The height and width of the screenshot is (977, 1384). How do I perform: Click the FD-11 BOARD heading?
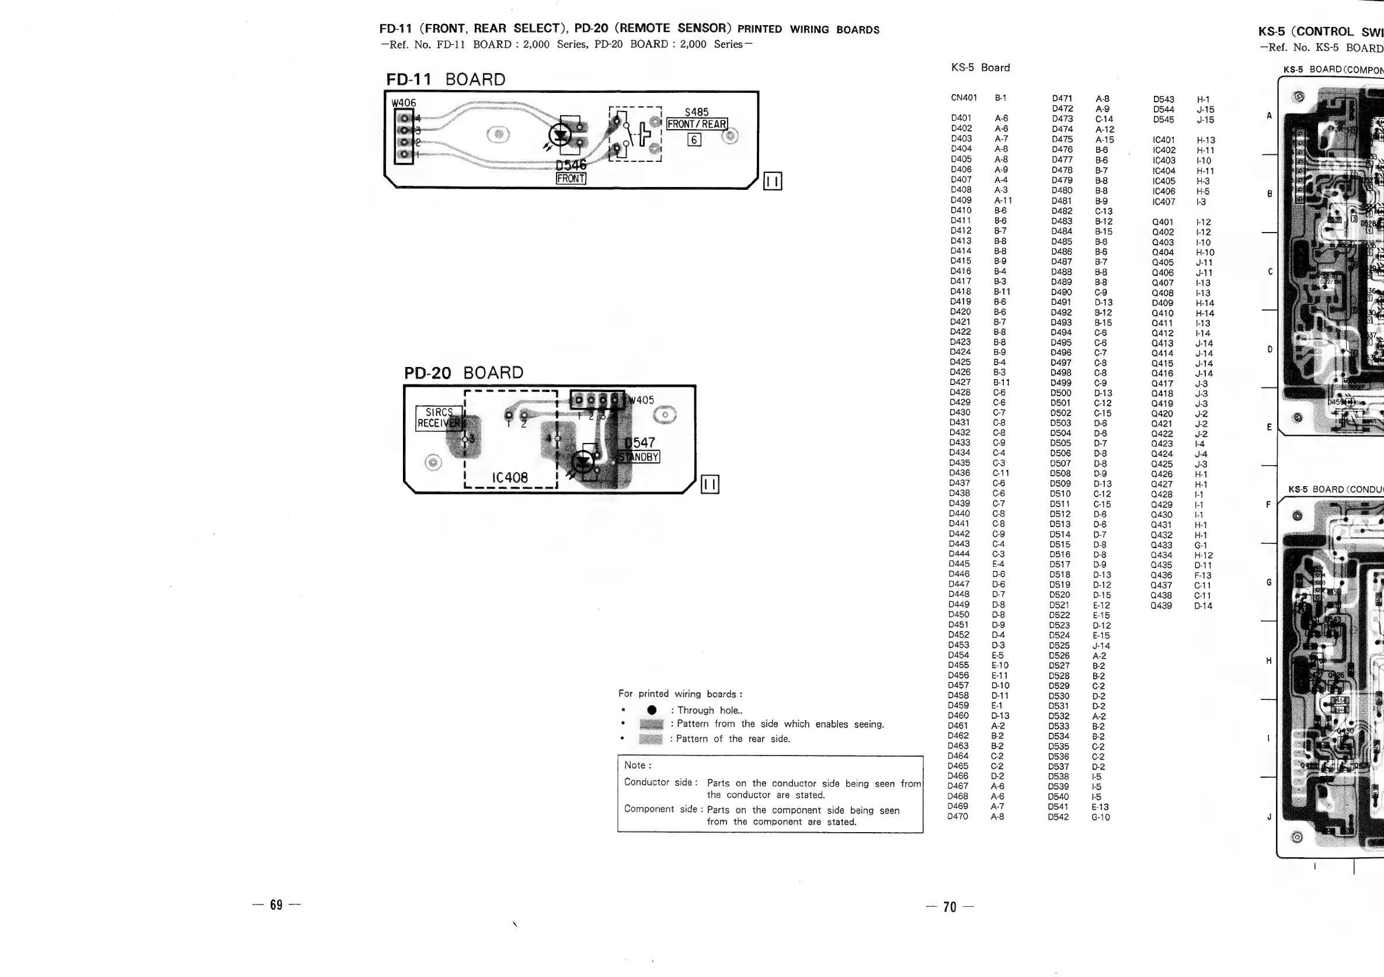point(446,79)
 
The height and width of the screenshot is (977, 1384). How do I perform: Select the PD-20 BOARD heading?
point(464,373)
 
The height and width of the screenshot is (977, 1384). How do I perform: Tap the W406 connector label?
point(404,103)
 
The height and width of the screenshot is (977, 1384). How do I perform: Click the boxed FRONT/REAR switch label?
point(697,124)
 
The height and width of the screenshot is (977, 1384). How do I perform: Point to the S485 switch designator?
point(696,112)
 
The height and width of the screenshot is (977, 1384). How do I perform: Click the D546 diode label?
point(570,165)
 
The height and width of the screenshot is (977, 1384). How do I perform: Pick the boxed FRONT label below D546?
point(570,179)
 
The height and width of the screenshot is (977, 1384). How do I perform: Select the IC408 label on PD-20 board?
point(510,477)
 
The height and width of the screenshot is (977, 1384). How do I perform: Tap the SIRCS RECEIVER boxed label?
point(439,417)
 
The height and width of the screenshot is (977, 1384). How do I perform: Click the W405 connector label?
point(641,400)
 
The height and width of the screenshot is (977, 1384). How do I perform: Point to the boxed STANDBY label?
point(639,457)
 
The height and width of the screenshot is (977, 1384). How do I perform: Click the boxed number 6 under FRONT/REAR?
point(694,140)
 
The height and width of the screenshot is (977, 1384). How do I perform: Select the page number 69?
point(276,905)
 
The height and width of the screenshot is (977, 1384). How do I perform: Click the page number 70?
point(950,907)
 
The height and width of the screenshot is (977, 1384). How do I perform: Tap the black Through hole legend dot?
point(651,711)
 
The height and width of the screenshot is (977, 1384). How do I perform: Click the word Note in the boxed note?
point(637,765)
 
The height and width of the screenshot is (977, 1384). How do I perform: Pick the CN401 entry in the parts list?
point(964,98)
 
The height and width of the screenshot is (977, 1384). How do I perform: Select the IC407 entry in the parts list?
point(1163,202)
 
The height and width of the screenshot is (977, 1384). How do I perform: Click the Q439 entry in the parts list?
point(1161,605)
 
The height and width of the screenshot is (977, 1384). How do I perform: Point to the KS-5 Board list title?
point(980,68)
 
